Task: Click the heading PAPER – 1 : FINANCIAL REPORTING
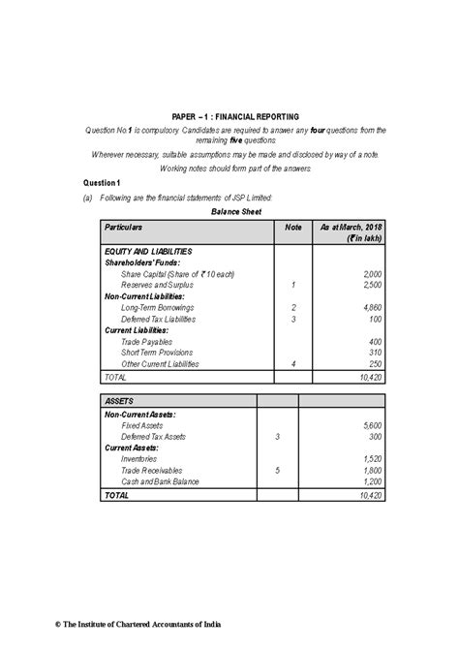(x=229, y=115)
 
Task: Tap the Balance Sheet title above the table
(x=229, y=209)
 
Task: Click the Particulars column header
(x=125, y=226)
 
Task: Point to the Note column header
(x=292, y=226)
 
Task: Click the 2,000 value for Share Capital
(x=370, y=275)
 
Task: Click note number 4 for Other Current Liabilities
(x=292, y=364)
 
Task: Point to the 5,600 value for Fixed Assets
(x=370, y=425)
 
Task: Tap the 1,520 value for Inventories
(x=370, y=459)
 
